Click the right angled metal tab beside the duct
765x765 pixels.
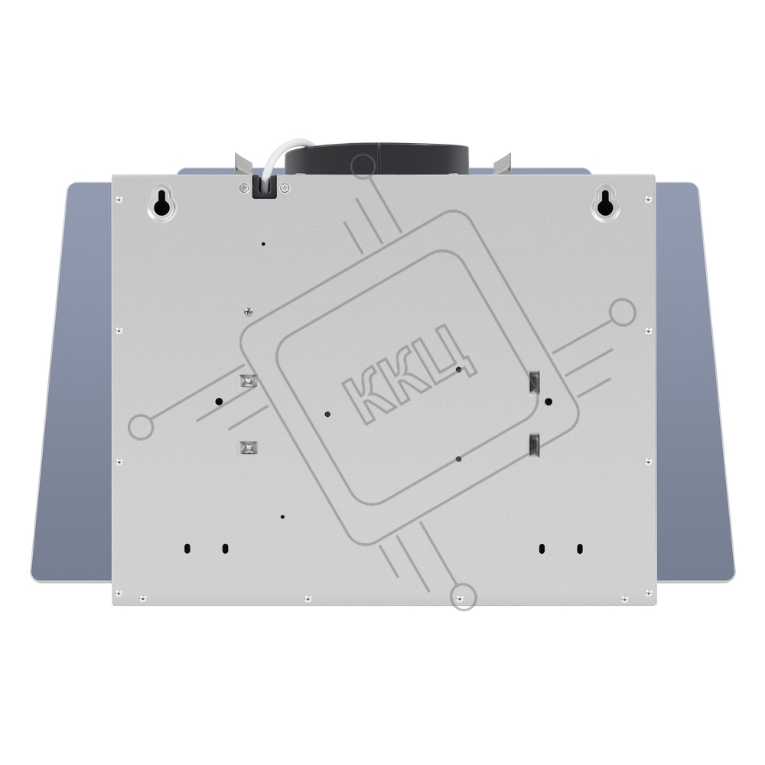[502, 164]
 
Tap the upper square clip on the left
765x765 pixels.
[249, 380]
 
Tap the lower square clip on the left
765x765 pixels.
[249, 447]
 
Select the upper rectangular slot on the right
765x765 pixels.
[535, 382]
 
